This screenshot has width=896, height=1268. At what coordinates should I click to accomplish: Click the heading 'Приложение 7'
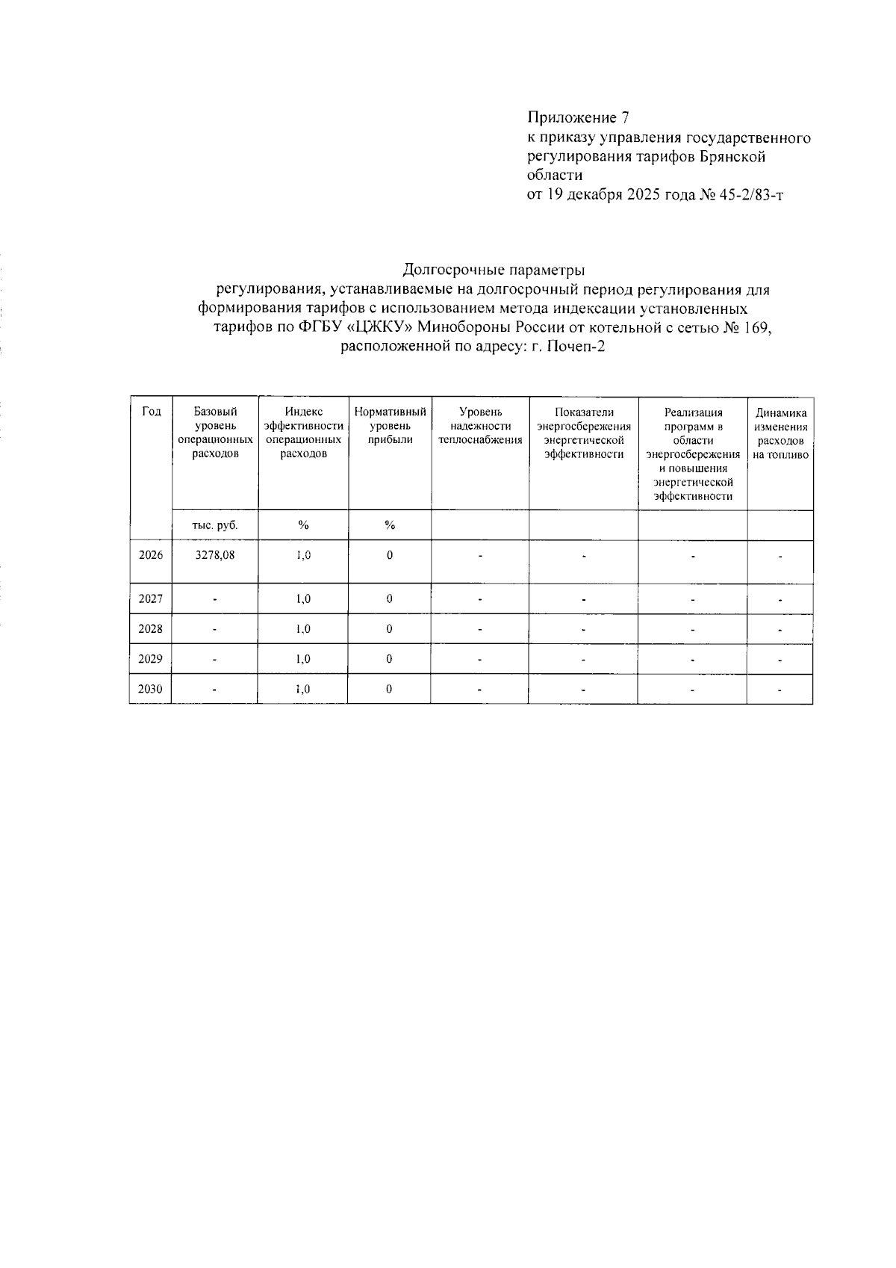tap(579, 117)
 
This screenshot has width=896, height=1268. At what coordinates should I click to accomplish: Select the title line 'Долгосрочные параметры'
tap(494, 269)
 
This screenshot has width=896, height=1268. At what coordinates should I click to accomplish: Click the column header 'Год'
tap(151, 412)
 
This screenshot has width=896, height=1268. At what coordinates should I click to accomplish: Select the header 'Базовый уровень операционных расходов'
tap(215, 433)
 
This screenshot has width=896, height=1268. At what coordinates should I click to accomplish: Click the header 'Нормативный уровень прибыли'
tap(390, 425)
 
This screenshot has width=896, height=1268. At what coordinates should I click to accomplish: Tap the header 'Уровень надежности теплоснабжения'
tap(480, 425)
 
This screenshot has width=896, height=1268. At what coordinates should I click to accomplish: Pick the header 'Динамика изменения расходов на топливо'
tap(780, 433)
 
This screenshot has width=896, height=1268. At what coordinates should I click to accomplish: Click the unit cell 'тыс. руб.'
tap(215, 525)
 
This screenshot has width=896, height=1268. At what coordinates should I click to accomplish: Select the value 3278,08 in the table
tap(215, 555)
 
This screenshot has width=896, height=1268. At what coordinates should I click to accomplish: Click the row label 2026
tap(151, 555)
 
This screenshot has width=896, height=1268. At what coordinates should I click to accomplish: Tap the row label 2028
tap(151, 629)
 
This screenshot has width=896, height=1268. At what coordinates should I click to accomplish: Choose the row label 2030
tap(151, 689)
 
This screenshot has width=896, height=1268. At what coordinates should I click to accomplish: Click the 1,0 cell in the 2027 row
tap(303, 599)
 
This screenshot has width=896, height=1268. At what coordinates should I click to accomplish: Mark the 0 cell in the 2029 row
tap(390, 659)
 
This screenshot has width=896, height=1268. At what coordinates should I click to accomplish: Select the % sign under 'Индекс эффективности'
tap(303, 525)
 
